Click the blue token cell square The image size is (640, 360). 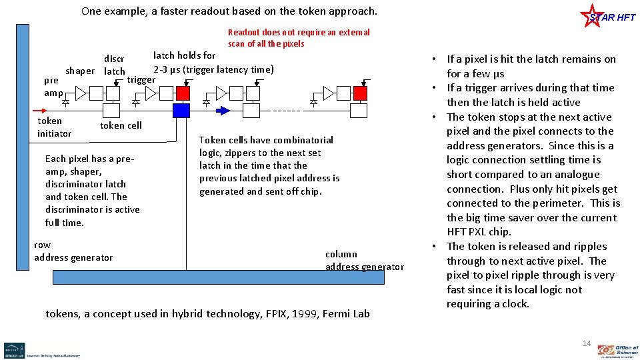(181, 111)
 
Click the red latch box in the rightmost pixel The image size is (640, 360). (361, 92)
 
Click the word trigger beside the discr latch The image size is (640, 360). (141, 80)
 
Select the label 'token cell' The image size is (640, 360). (121, 125)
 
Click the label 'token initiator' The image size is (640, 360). (54, 127)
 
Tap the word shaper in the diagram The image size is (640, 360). (80, 71)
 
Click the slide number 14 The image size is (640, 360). (587, 343)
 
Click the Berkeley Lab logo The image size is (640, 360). (15, 349)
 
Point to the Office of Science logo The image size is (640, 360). (617, 350)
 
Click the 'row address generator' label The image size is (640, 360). (73, 251)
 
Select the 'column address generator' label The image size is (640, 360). (364, 261)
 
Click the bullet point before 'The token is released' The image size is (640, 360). (437, 247)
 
